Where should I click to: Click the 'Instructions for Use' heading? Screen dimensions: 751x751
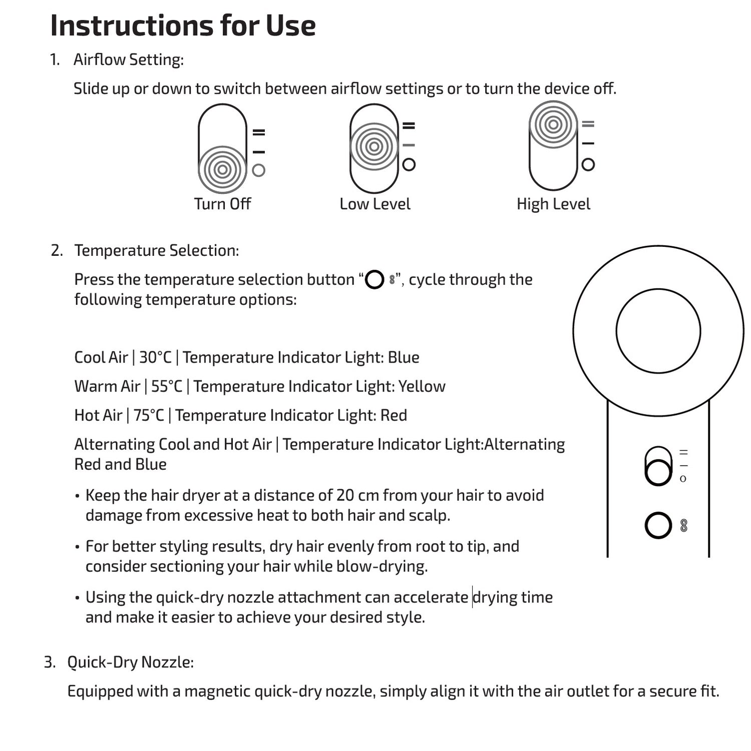coord(183,26)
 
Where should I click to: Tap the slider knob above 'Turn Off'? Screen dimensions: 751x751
coord(222,169)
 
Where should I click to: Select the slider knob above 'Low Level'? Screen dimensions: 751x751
coord(373,147)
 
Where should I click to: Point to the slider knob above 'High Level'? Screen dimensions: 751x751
coord(553,125)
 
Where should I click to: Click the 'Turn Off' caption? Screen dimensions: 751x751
coord(222,204)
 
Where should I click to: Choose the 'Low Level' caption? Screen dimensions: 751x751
coord(374,204)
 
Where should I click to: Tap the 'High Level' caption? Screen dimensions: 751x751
coord(553,204)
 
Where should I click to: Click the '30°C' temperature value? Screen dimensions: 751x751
coord(155,357)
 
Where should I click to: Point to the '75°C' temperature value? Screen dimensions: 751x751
coord(149,416)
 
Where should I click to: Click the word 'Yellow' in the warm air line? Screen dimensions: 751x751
coord(422,387)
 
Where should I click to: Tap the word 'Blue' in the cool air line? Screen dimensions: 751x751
coord(404,357)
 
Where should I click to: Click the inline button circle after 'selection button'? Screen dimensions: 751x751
coord(374,279)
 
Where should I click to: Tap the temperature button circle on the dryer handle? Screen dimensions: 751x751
coord(658,525)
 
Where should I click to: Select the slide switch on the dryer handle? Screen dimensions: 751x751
coord(658,466)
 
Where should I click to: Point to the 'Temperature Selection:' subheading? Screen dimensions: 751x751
coord(156,250)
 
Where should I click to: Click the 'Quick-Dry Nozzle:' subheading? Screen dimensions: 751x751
coord(130,662)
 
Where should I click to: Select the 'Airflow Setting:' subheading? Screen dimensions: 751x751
coord(129,60)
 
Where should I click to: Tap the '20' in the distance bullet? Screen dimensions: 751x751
coord(345,495)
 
